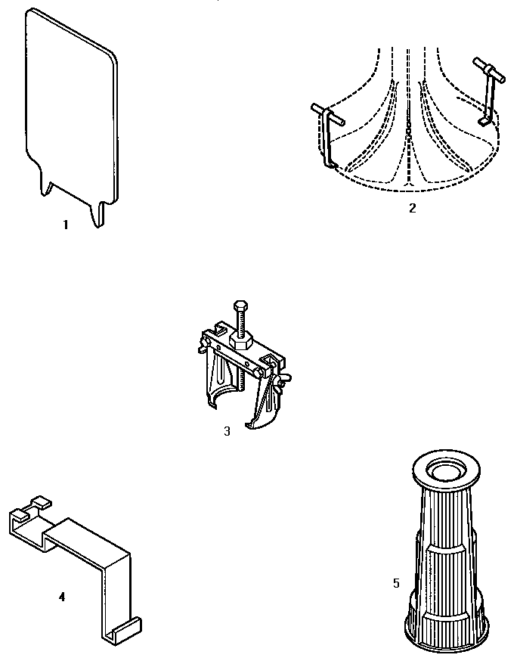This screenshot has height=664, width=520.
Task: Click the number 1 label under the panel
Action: [66, 225]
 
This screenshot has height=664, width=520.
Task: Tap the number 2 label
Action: [412, 208]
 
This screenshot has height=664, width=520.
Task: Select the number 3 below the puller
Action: [227, 431]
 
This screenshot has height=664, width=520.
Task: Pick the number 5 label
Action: [396, 583]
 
